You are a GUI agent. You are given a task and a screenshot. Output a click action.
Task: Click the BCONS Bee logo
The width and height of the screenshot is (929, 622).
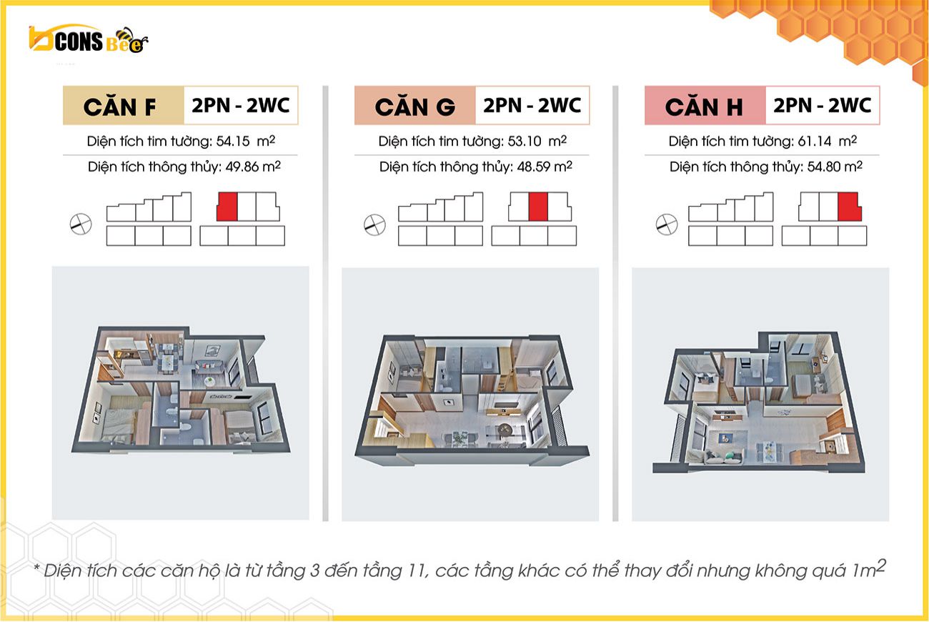click(x=89, y=40)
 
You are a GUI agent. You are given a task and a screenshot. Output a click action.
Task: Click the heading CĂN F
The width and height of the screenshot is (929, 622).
click(x=119, y=107)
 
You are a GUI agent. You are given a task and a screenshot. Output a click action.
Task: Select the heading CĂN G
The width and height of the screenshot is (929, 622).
click(x=414, y=107)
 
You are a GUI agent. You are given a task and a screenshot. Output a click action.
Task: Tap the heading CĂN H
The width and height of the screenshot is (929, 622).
click(x=704, y=107)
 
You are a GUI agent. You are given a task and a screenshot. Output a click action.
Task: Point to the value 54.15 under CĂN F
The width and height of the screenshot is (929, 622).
click(x=233, y=142)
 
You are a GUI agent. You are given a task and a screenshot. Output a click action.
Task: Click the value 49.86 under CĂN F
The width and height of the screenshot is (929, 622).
click(x=242, y=167)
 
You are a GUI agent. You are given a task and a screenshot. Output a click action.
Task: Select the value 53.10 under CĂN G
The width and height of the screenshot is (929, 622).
click(x=525, y=142)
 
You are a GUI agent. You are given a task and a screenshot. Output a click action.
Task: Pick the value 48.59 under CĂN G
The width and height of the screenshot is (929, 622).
click(x=534, y=167)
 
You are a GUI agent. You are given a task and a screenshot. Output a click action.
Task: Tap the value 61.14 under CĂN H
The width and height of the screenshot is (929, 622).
click(x=815, y=142)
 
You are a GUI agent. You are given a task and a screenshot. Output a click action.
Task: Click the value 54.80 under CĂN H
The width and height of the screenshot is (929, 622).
click(x=824, y=167)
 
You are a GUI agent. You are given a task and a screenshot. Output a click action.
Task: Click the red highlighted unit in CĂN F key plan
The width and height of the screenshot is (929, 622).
click(x=227, y=207)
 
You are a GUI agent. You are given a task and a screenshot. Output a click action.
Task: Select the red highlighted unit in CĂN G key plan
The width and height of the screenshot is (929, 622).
click(x=538, y=207)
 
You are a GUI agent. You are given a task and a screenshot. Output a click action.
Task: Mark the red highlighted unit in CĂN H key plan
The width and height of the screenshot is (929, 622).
click(x=849, y=207)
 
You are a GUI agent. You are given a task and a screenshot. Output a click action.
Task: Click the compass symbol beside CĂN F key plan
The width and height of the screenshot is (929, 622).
click(x=81, y=224)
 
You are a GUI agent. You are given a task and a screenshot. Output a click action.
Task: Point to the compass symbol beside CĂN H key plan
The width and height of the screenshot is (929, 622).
click(x=667, y=224)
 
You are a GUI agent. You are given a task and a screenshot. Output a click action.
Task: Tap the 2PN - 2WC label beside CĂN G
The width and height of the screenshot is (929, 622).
click(x=532, y=105)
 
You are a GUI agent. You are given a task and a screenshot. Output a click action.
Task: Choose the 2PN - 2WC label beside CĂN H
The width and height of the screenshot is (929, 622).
click(x=823, y=105)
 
